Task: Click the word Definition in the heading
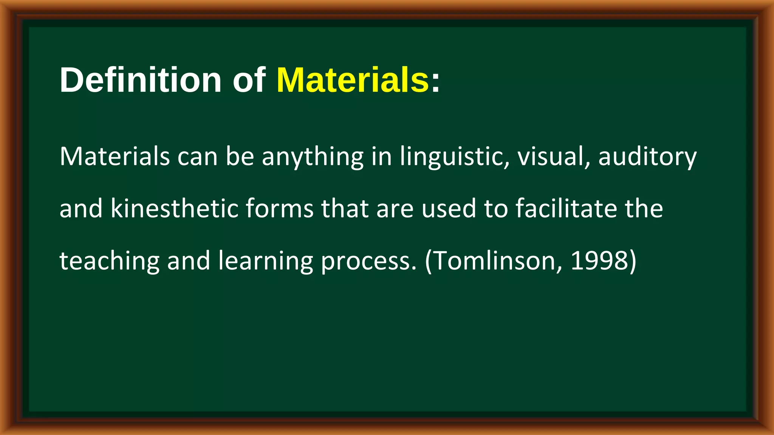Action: pos(140,80)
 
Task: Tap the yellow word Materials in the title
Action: pos(353,80)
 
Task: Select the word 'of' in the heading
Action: pos(249,80)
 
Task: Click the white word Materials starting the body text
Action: pos(115,156)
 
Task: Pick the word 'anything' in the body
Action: pos(313,157)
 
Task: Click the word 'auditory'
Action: pos(647,157)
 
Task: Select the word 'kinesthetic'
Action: pos(174,208)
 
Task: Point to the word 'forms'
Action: pos(279,208)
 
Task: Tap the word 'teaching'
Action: pos(110,261)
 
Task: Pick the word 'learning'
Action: pos(266,261)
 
